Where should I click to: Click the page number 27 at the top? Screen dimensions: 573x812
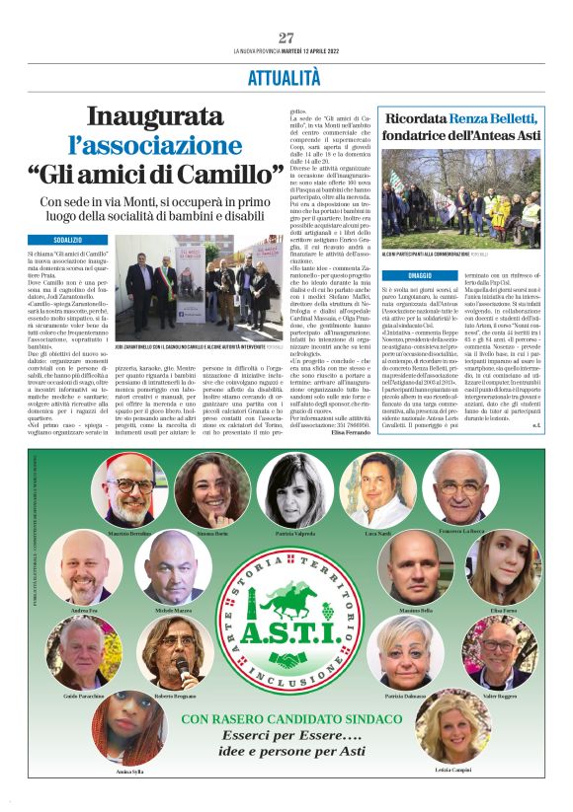(286, 37)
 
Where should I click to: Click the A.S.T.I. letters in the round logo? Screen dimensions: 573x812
(286, 623)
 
